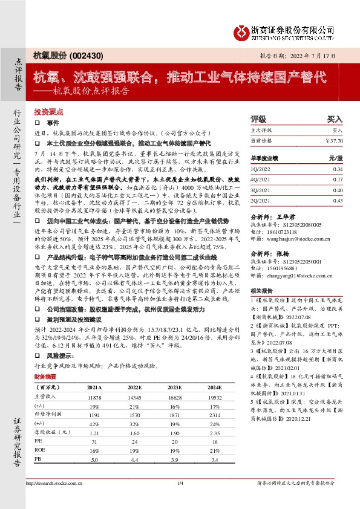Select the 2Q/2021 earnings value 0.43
337,200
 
